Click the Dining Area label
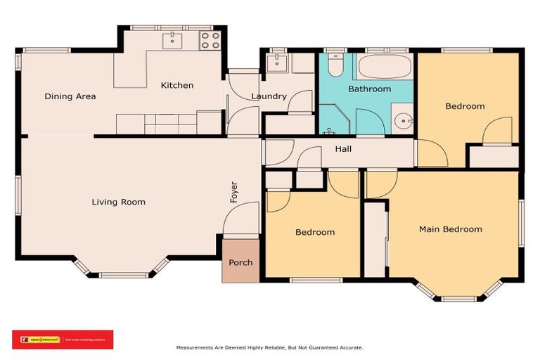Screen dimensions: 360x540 (x=70, y=96)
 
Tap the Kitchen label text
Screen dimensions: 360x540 (x=176, y=85)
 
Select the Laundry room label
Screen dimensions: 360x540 (x=269, y=96)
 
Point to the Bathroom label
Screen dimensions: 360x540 (x=369, y=89)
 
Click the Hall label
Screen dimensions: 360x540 (x=343, y=149)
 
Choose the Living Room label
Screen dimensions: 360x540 (x=118, y=202)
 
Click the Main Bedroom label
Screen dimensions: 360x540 (x=450, y=229)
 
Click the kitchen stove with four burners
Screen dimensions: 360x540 (x=210, y=40)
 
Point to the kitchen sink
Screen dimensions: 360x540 (x=172, y=39)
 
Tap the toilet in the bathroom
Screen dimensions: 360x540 (x=336, y=66)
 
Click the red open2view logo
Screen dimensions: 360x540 (x=63, y=339)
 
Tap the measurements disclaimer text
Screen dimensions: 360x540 (x=269, y=347)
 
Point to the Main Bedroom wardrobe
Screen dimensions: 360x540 (x=375, y=239)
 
